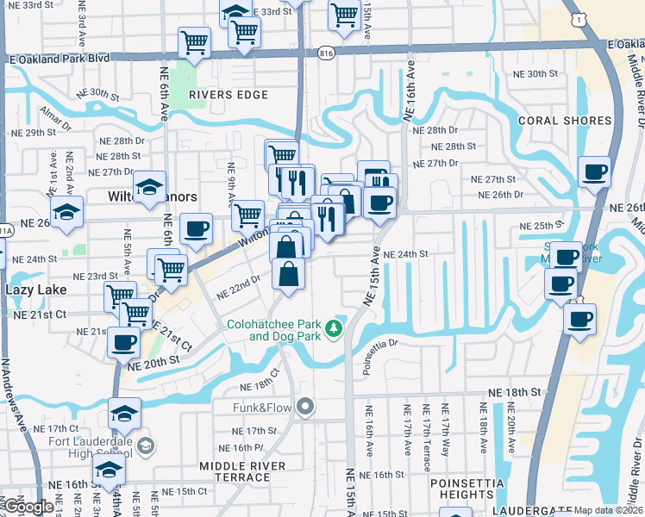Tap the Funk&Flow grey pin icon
(x=304, y=406)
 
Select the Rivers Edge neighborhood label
(x=228, y=95)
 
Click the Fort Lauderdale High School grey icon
(x=146, y=445)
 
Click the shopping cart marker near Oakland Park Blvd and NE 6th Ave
(x=195, y=40)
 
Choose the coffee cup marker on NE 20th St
(x=123, y=341)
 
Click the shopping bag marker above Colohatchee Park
(x=289, y=275)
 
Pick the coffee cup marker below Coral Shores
(x=594, y=171)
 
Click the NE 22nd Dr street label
(x=239, y=286)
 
